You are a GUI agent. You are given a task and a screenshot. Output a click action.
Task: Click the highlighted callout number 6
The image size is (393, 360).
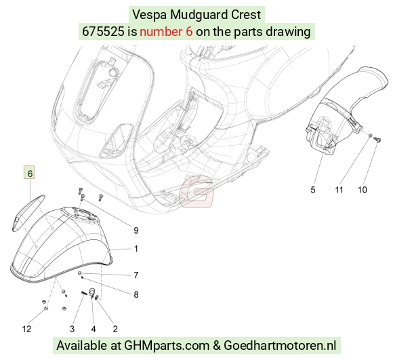click(x=29, y=173)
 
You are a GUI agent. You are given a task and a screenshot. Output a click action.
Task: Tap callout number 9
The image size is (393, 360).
click(x=136, y=231)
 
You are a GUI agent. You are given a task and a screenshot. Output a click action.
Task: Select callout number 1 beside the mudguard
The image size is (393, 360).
click(x=136, y=249)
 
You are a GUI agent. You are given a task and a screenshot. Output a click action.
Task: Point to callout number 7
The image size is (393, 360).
click(x=136, y=275)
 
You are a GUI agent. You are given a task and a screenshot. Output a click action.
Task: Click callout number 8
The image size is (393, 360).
click(x=136, y=294)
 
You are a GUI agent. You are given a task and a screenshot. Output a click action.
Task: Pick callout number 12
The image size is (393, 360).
click(x=27, y=329)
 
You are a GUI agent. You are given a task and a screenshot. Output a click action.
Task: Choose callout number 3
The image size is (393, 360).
click(x=73, y=329)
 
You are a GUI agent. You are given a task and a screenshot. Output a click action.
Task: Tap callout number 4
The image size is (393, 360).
click(x=94, y=329)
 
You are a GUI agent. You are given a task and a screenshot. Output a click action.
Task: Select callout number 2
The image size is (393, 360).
click(x=115, y=329)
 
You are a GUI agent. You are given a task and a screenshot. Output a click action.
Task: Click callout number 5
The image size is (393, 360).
click(x=313, y=190)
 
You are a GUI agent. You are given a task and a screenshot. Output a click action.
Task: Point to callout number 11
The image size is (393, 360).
click(x=339, y=190)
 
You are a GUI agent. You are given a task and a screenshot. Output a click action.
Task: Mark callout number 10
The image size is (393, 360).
click(x=363, y=190)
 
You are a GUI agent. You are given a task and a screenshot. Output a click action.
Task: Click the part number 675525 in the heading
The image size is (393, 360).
click(x=103, y=32)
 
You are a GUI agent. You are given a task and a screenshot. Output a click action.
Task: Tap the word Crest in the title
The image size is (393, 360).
click(x=246, y=14)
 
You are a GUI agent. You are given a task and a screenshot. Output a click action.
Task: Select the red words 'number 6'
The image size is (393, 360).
click(x=166, y=32)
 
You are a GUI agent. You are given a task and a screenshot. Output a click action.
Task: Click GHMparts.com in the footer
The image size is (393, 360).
click(x=167, y=346)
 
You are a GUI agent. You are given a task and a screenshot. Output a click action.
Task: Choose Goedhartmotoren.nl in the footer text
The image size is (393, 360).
click(x=280, y=346)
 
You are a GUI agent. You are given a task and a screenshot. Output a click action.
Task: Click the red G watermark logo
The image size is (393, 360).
click(x=197, y=192)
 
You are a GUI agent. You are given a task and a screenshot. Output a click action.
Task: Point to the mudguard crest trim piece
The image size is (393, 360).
click(x=28, y=212)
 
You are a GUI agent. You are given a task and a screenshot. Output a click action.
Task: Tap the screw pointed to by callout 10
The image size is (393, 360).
click(x=377, y=140)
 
